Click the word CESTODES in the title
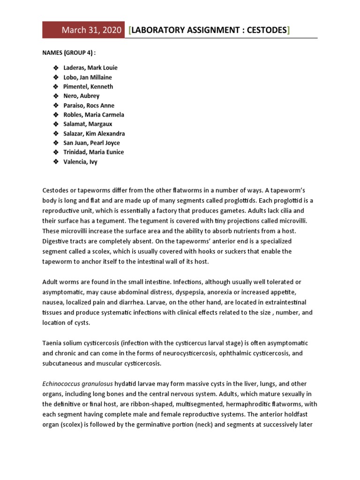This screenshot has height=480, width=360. [x=263, y=30]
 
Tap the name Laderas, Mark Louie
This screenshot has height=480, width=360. [x=90, y=68]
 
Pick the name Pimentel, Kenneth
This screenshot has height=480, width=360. [x=88, y=87]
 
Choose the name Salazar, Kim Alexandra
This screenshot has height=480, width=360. [x=94, y=134]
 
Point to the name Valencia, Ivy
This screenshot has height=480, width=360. [x=81, y=162]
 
